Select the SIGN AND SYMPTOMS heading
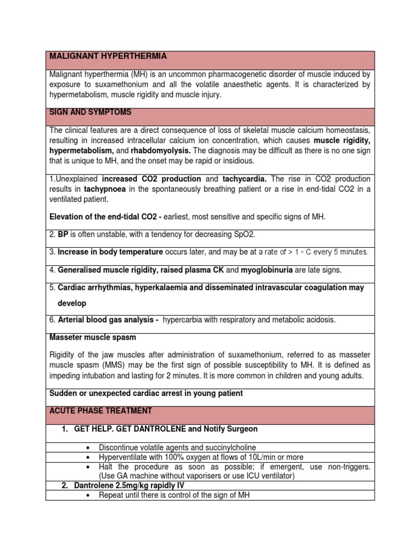(x=90, y=112)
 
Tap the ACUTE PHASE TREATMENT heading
(x=101, y=410)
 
